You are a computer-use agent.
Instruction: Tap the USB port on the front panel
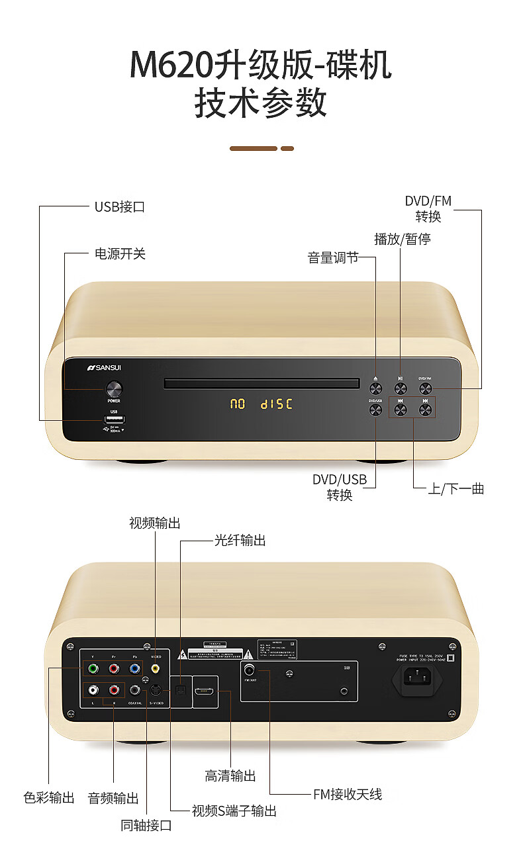(114, 419)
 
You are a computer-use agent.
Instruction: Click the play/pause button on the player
(401, 386)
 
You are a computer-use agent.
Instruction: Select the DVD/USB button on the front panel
(375, 410)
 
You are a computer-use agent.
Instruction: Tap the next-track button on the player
(425, 410)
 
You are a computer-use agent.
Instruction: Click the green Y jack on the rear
(93, 668)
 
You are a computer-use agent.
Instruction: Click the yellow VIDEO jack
(156, 668)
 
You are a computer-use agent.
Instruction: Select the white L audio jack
(93, 690)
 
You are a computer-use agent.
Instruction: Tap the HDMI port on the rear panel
(204, 691)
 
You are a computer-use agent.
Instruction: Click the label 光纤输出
(240, 541)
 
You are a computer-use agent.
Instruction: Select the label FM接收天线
(348, 794)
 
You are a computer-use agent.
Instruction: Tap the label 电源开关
(120, 253)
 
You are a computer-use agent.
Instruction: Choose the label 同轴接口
(146, 825)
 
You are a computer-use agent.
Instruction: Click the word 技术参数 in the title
(261, 104)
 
